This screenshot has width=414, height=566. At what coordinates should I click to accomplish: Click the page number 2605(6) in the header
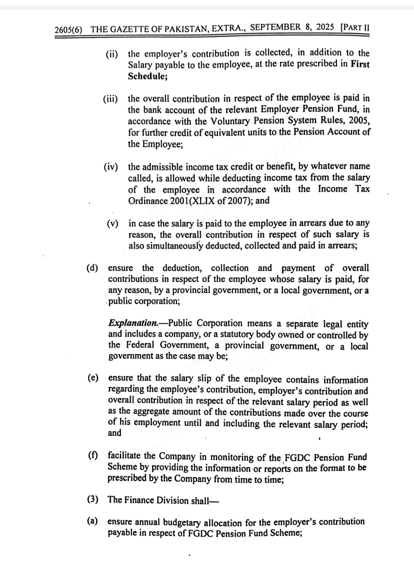pos(68,29)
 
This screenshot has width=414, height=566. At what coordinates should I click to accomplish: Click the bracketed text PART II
pos(355,27)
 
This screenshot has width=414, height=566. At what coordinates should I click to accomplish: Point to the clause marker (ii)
pos(112,54)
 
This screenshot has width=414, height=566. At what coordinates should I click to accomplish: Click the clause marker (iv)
pos(111,167)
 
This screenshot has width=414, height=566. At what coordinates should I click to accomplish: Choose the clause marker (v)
pos(112,224)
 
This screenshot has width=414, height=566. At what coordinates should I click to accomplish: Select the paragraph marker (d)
pos(92,268)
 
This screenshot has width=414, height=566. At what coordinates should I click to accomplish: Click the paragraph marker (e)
pos(92,378)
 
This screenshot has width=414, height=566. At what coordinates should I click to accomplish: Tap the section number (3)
pos(92,499)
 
